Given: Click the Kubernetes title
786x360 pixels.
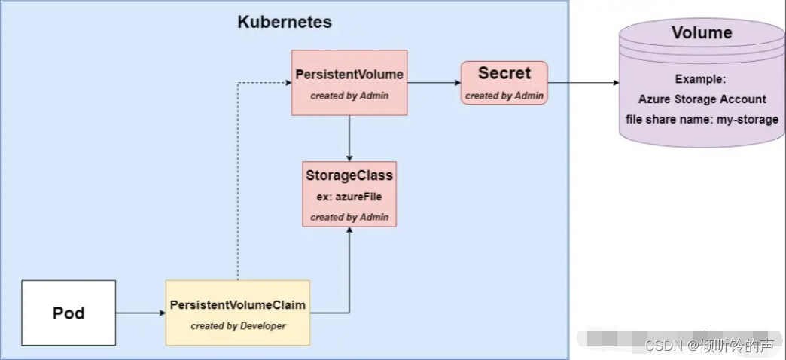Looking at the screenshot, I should click(285, 22).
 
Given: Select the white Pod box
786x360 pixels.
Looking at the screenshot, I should click(69, 313).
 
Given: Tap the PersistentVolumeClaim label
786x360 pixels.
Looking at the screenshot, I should click(237, 305).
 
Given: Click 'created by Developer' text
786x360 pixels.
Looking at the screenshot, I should click(237, 325).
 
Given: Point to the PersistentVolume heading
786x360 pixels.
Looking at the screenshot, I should click(349, 75).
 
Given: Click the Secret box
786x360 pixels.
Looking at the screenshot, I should click(504, 82).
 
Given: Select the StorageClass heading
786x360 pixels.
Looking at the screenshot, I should click(349, 175).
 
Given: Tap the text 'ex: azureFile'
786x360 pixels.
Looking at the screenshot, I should click(349, 196).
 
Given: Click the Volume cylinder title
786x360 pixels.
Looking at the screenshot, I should click(702, 33).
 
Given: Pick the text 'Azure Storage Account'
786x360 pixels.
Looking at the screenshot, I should click(702, 99).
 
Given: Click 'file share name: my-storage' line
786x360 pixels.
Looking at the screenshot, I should click(702, 119).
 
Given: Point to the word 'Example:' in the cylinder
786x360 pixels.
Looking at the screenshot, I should click(702, 78).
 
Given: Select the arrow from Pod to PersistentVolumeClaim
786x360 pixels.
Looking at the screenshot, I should click(140, 313).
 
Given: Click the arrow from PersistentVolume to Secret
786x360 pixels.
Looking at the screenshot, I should click(434, 82).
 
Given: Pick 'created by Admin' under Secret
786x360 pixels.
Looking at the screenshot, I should click(504, 96).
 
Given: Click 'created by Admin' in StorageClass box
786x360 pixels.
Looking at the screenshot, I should click(349, 217).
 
